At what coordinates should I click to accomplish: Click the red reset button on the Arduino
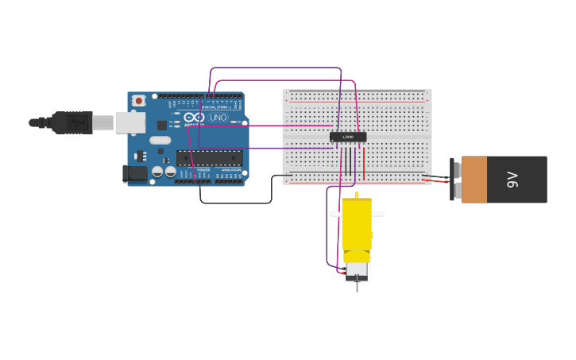point(139,100)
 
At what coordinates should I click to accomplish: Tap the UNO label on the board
point(218,117)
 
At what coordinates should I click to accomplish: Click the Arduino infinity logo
point(195,117)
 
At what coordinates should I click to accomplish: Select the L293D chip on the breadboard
point(348,137)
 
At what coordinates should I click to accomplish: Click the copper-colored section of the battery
point(474,179)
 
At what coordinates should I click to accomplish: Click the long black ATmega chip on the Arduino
point(209,157)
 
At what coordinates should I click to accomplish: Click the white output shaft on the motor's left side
point(335,214)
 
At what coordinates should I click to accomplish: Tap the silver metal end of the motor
point(357,269)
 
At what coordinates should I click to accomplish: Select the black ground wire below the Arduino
point(238,203)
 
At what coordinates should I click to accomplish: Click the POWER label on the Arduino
point(203,169)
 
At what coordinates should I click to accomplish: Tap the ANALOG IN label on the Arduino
point(230,169)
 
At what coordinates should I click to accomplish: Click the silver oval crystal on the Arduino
point(160,140)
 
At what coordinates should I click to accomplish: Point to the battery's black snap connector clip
point(454,180)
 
